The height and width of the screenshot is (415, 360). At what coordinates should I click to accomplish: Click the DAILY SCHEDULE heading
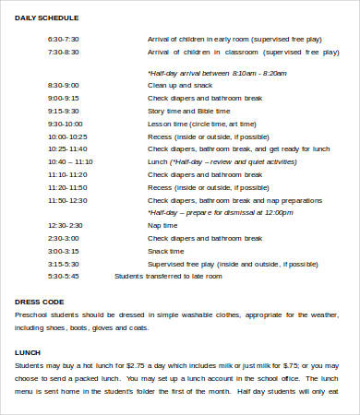(x=46, y=18)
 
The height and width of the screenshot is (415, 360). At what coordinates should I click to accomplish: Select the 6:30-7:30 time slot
(x=64, y=40)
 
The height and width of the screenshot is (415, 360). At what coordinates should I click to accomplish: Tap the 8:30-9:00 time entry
(x=64, y=84)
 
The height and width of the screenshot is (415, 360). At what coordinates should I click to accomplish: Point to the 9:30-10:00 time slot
(x=66, y=123)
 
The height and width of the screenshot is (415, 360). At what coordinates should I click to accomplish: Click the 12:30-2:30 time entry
(x=65, y=224)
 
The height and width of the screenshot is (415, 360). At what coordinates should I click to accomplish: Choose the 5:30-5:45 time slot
(x=64, y=276)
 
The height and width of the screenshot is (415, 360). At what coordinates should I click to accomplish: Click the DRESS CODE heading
(x=40, y=302)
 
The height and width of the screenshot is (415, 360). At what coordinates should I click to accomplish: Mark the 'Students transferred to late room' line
(x=168, y=276)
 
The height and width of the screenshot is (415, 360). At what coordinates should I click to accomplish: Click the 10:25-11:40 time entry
(x=66, y=148)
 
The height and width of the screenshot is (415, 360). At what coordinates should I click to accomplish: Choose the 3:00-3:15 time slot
(x=64, y=250)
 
